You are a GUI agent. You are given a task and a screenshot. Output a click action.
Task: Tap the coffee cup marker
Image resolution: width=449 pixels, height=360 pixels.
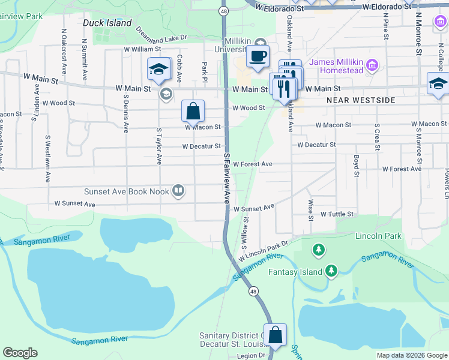258,57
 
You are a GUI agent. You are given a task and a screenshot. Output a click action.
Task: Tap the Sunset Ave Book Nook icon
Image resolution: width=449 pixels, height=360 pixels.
178,191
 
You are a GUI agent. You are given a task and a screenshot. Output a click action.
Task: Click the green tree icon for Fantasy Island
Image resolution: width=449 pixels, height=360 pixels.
331,271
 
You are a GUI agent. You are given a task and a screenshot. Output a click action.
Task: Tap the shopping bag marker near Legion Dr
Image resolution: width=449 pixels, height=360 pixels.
275,336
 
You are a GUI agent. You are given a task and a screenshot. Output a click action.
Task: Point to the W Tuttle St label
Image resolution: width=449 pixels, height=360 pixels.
337,214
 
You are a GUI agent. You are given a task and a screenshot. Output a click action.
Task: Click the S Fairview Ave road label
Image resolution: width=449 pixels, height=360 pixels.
227,178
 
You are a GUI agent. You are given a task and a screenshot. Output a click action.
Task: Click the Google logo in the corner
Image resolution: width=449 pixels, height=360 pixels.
20,353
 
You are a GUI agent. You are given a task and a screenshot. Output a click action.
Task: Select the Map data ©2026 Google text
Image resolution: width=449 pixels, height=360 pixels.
411,355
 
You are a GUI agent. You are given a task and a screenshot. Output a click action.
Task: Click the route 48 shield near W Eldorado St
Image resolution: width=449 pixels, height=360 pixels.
223,11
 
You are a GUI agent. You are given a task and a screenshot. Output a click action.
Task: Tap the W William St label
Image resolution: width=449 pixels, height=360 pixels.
143,50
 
